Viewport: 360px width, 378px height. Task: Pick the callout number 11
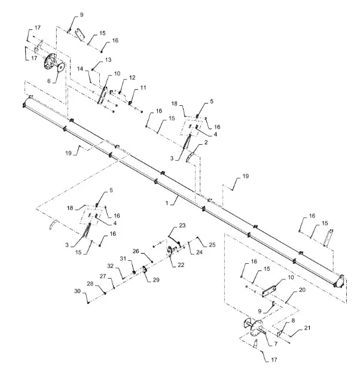click(x=143, y=88)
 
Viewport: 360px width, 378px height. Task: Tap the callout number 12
click(x=132, y=78)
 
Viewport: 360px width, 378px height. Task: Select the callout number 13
click(x=108, y=60)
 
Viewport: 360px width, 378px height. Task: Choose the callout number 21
click(x=307, y=328)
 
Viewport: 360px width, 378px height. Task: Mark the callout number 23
click(x=182, y=225)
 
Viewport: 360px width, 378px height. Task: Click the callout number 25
click(x=212, y=245)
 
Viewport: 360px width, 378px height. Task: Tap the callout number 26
click(x=135, y=251)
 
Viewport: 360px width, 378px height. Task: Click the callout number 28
click(x=90, y=283)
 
